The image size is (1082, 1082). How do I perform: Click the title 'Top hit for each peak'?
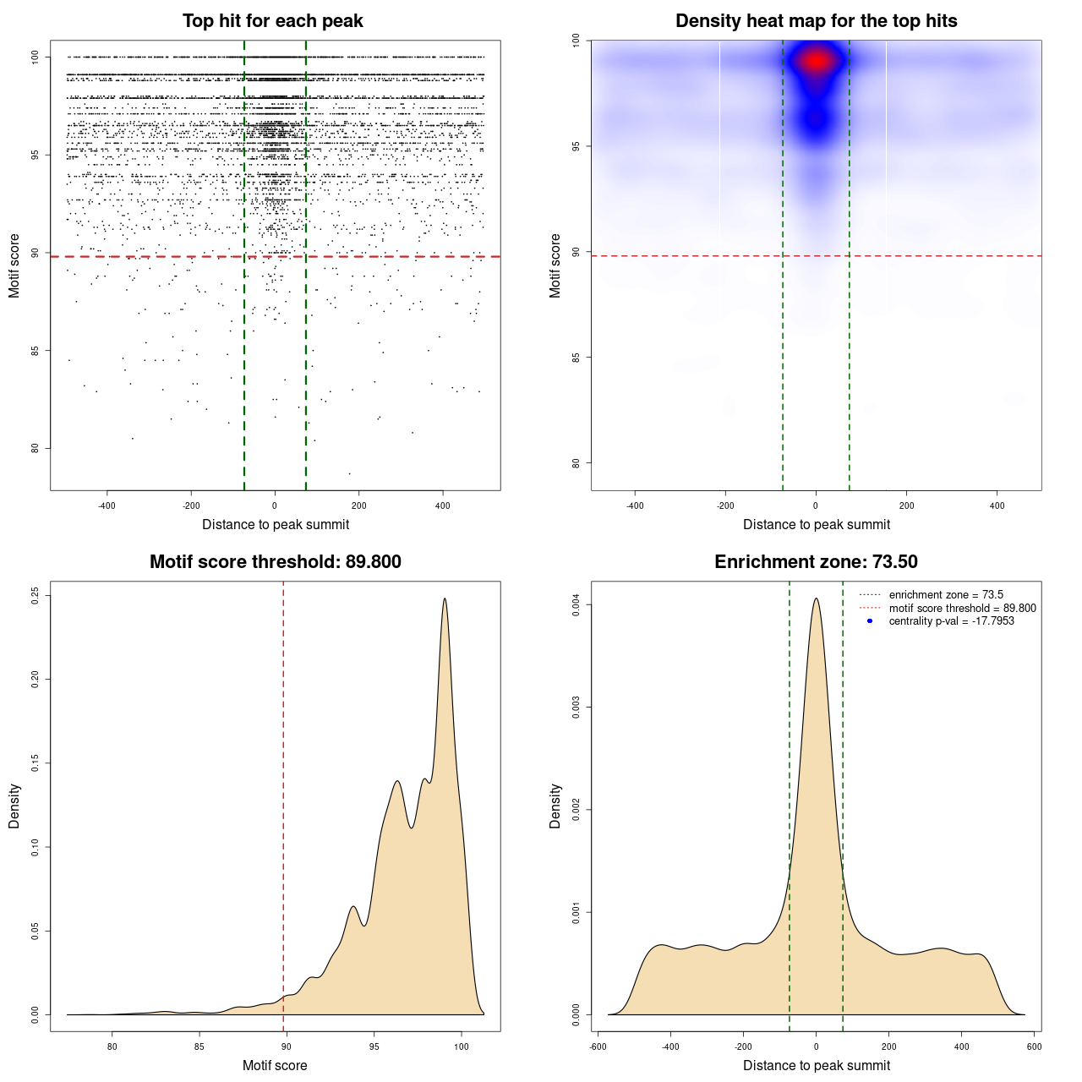(x=272, y=21)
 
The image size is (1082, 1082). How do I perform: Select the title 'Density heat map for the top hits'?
(x=816, y=21)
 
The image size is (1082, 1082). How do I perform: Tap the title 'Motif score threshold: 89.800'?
(x=275, y=562)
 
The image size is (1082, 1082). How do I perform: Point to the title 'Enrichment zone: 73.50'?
(x=816, y=562)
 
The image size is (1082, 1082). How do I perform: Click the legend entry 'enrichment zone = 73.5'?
(x=946, y=595)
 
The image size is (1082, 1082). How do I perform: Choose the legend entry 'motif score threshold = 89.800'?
(x=962, y=609)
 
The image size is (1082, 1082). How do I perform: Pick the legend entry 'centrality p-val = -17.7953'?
(x=951, y=621)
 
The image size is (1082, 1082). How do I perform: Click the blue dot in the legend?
(x=870, y=621)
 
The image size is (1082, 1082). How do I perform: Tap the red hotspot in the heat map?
(x=817, y=61)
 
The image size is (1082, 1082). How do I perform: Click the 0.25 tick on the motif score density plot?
(x=36, y=596)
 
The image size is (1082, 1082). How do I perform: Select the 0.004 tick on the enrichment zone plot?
(x=577, y=605)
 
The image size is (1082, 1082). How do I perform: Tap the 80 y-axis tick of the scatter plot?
(x=36, y=448)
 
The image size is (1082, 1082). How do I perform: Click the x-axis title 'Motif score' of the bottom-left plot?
(x=275, y=1066)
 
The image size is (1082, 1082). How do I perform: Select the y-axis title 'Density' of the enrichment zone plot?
(x=555, y=806)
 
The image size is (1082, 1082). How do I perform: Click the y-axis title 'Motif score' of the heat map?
(x=555, y=265)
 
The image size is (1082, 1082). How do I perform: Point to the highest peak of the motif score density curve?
(x=445, y=599)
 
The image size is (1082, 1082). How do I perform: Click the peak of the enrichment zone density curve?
(x=816, y=599)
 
